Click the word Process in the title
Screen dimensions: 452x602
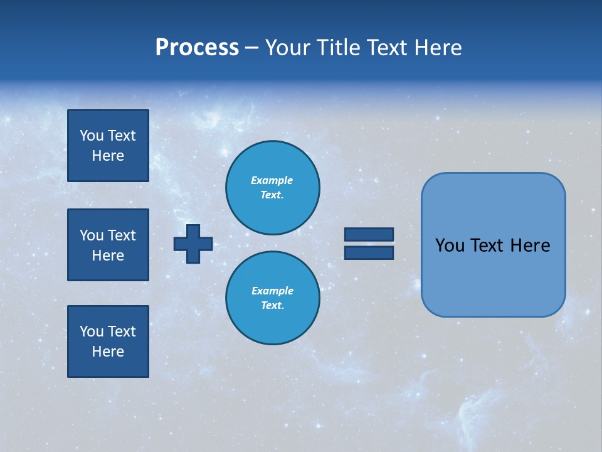click(x=197, y=48)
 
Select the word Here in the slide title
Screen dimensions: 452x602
click(x=437, y=48)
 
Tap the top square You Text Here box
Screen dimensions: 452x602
click(x=108, y=146)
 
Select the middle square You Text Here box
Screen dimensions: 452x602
click(x=108, y=245)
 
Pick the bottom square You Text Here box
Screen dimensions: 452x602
click(x=108, y=342)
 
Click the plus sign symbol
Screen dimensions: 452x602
click(x=193, y=244)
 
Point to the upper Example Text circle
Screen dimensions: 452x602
click(x=272, y=188)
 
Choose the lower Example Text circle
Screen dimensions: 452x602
click(x=272, y=298)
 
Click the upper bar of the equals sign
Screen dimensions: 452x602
click(x=369, y=234)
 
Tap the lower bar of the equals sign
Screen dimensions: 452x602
click(x=369, y=253)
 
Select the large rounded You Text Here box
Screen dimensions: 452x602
click(x=493, y=245)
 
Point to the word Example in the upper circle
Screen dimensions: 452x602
click(x=272, y=180)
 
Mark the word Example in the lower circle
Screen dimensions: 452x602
click(x=272, y=291)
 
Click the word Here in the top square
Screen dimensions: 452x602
click(x=108, y=156)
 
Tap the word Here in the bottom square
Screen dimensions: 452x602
click(x=108, y=352)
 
